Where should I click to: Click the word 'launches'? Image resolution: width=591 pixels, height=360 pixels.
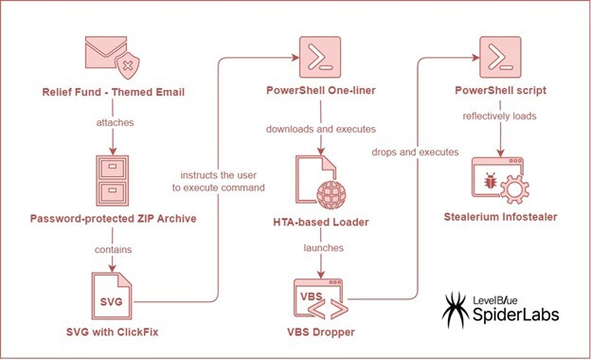coord(322,248)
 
